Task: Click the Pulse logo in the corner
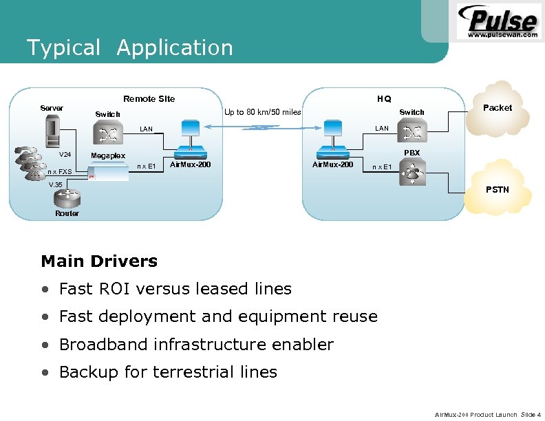pyautogui.click(x=498, y=21)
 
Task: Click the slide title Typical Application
pyautogui.click(x=129, y=48)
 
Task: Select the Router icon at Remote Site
pyautogui.click(x=67, y=199)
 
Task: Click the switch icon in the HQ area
pyautogui.click(x=413, y=129)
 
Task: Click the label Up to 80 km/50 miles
pyautogui.click(x=262, y=112)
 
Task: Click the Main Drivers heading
pyautogui.click(x=99, y=261)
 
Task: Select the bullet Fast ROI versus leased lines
pyautogui.click(x=175, y=289)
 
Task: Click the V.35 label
pyautogui.click(x=54, y=185)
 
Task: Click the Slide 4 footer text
pyautogui.click(x=531, y=414)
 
